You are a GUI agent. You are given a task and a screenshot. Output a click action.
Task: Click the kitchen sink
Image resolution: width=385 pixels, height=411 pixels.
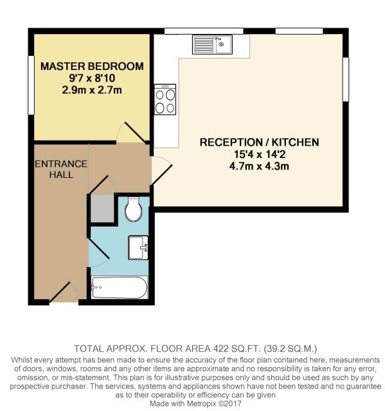pos(212,45)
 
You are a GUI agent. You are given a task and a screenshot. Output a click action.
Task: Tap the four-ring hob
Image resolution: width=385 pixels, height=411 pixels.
pos(165,100)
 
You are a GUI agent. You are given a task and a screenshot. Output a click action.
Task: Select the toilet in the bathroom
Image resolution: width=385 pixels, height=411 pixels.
pos(134,209)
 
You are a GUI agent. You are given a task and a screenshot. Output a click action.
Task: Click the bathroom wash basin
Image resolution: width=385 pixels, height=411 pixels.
pos(138,248)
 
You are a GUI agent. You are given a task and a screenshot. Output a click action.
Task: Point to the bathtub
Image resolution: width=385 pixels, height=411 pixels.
pos(120,287)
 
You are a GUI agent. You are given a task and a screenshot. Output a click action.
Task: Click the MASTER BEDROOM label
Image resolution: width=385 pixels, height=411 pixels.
pos(92,66)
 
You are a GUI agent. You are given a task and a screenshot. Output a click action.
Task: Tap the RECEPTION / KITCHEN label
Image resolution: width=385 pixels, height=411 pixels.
pos(260,142)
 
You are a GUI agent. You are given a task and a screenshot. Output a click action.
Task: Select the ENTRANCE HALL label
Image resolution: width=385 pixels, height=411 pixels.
pos(61,170)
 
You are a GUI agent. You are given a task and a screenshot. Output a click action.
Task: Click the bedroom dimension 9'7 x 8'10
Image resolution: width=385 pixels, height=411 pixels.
pos(92,78)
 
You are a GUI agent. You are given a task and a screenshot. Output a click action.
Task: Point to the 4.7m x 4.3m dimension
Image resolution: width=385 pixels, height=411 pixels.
pos(259,166)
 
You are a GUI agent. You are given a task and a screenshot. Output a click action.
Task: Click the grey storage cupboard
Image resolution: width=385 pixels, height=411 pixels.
pos(102,208)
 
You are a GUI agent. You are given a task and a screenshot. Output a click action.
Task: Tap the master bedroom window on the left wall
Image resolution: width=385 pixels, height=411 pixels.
pos(31,85)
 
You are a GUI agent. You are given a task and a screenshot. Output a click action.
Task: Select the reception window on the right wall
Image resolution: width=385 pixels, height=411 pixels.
pos(346,79)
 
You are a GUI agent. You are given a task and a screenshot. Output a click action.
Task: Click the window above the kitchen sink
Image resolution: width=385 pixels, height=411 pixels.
pos(204,31)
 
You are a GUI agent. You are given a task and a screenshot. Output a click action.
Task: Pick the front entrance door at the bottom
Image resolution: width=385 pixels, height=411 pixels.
pos(64,292)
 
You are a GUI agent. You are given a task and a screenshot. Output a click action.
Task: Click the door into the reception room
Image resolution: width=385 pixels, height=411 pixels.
pos(161,170)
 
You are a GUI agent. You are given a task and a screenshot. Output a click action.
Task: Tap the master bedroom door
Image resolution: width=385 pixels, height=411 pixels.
pos(131,132)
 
